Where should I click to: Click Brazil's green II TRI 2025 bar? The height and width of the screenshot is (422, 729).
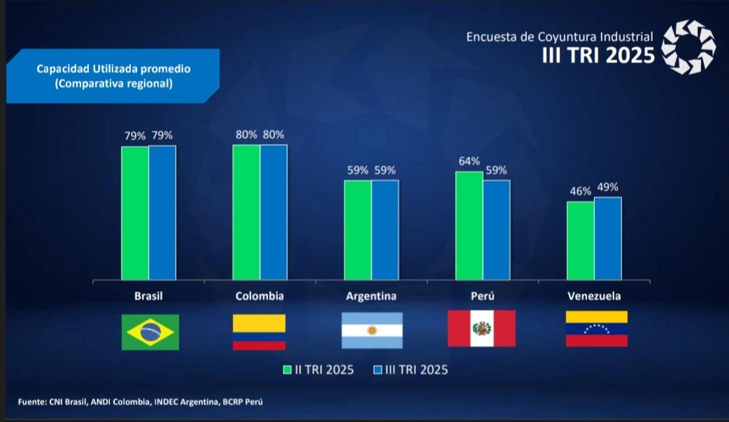click(x=135, y=213)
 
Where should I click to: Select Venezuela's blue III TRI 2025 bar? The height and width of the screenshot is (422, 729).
click(x=607, y=238)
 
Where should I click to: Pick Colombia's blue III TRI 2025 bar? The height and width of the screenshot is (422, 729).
click(x=273, y=212)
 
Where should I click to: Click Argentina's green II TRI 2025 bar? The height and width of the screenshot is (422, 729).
click(x=357, y=230)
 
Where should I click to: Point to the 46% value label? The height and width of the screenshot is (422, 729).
click(x=579, y=191)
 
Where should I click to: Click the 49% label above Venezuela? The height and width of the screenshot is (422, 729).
click(x=607, y=187)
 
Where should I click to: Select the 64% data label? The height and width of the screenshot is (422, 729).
click(x=469, y=161)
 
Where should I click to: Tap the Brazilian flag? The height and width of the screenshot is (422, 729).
click(x=150, y=332)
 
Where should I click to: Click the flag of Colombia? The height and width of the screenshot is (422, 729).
click(x=259, y=332)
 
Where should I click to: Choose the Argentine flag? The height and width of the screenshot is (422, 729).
click(x=372, y=330)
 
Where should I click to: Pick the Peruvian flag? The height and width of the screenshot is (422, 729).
click(x=482, y=328)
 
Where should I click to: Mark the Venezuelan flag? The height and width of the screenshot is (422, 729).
click(x=596, y=329)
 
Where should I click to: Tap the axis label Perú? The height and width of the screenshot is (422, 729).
click(x=483, y=296)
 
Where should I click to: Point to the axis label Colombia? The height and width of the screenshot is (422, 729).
click(x=259, y=296)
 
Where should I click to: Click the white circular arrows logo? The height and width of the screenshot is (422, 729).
click(x=688, y=46)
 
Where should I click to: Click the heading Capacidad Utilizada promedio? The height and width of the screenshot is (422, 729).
click(x=114, y=69)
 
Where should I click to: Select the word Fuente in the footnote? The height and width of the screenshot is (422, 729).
click(x=32, y=402)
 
